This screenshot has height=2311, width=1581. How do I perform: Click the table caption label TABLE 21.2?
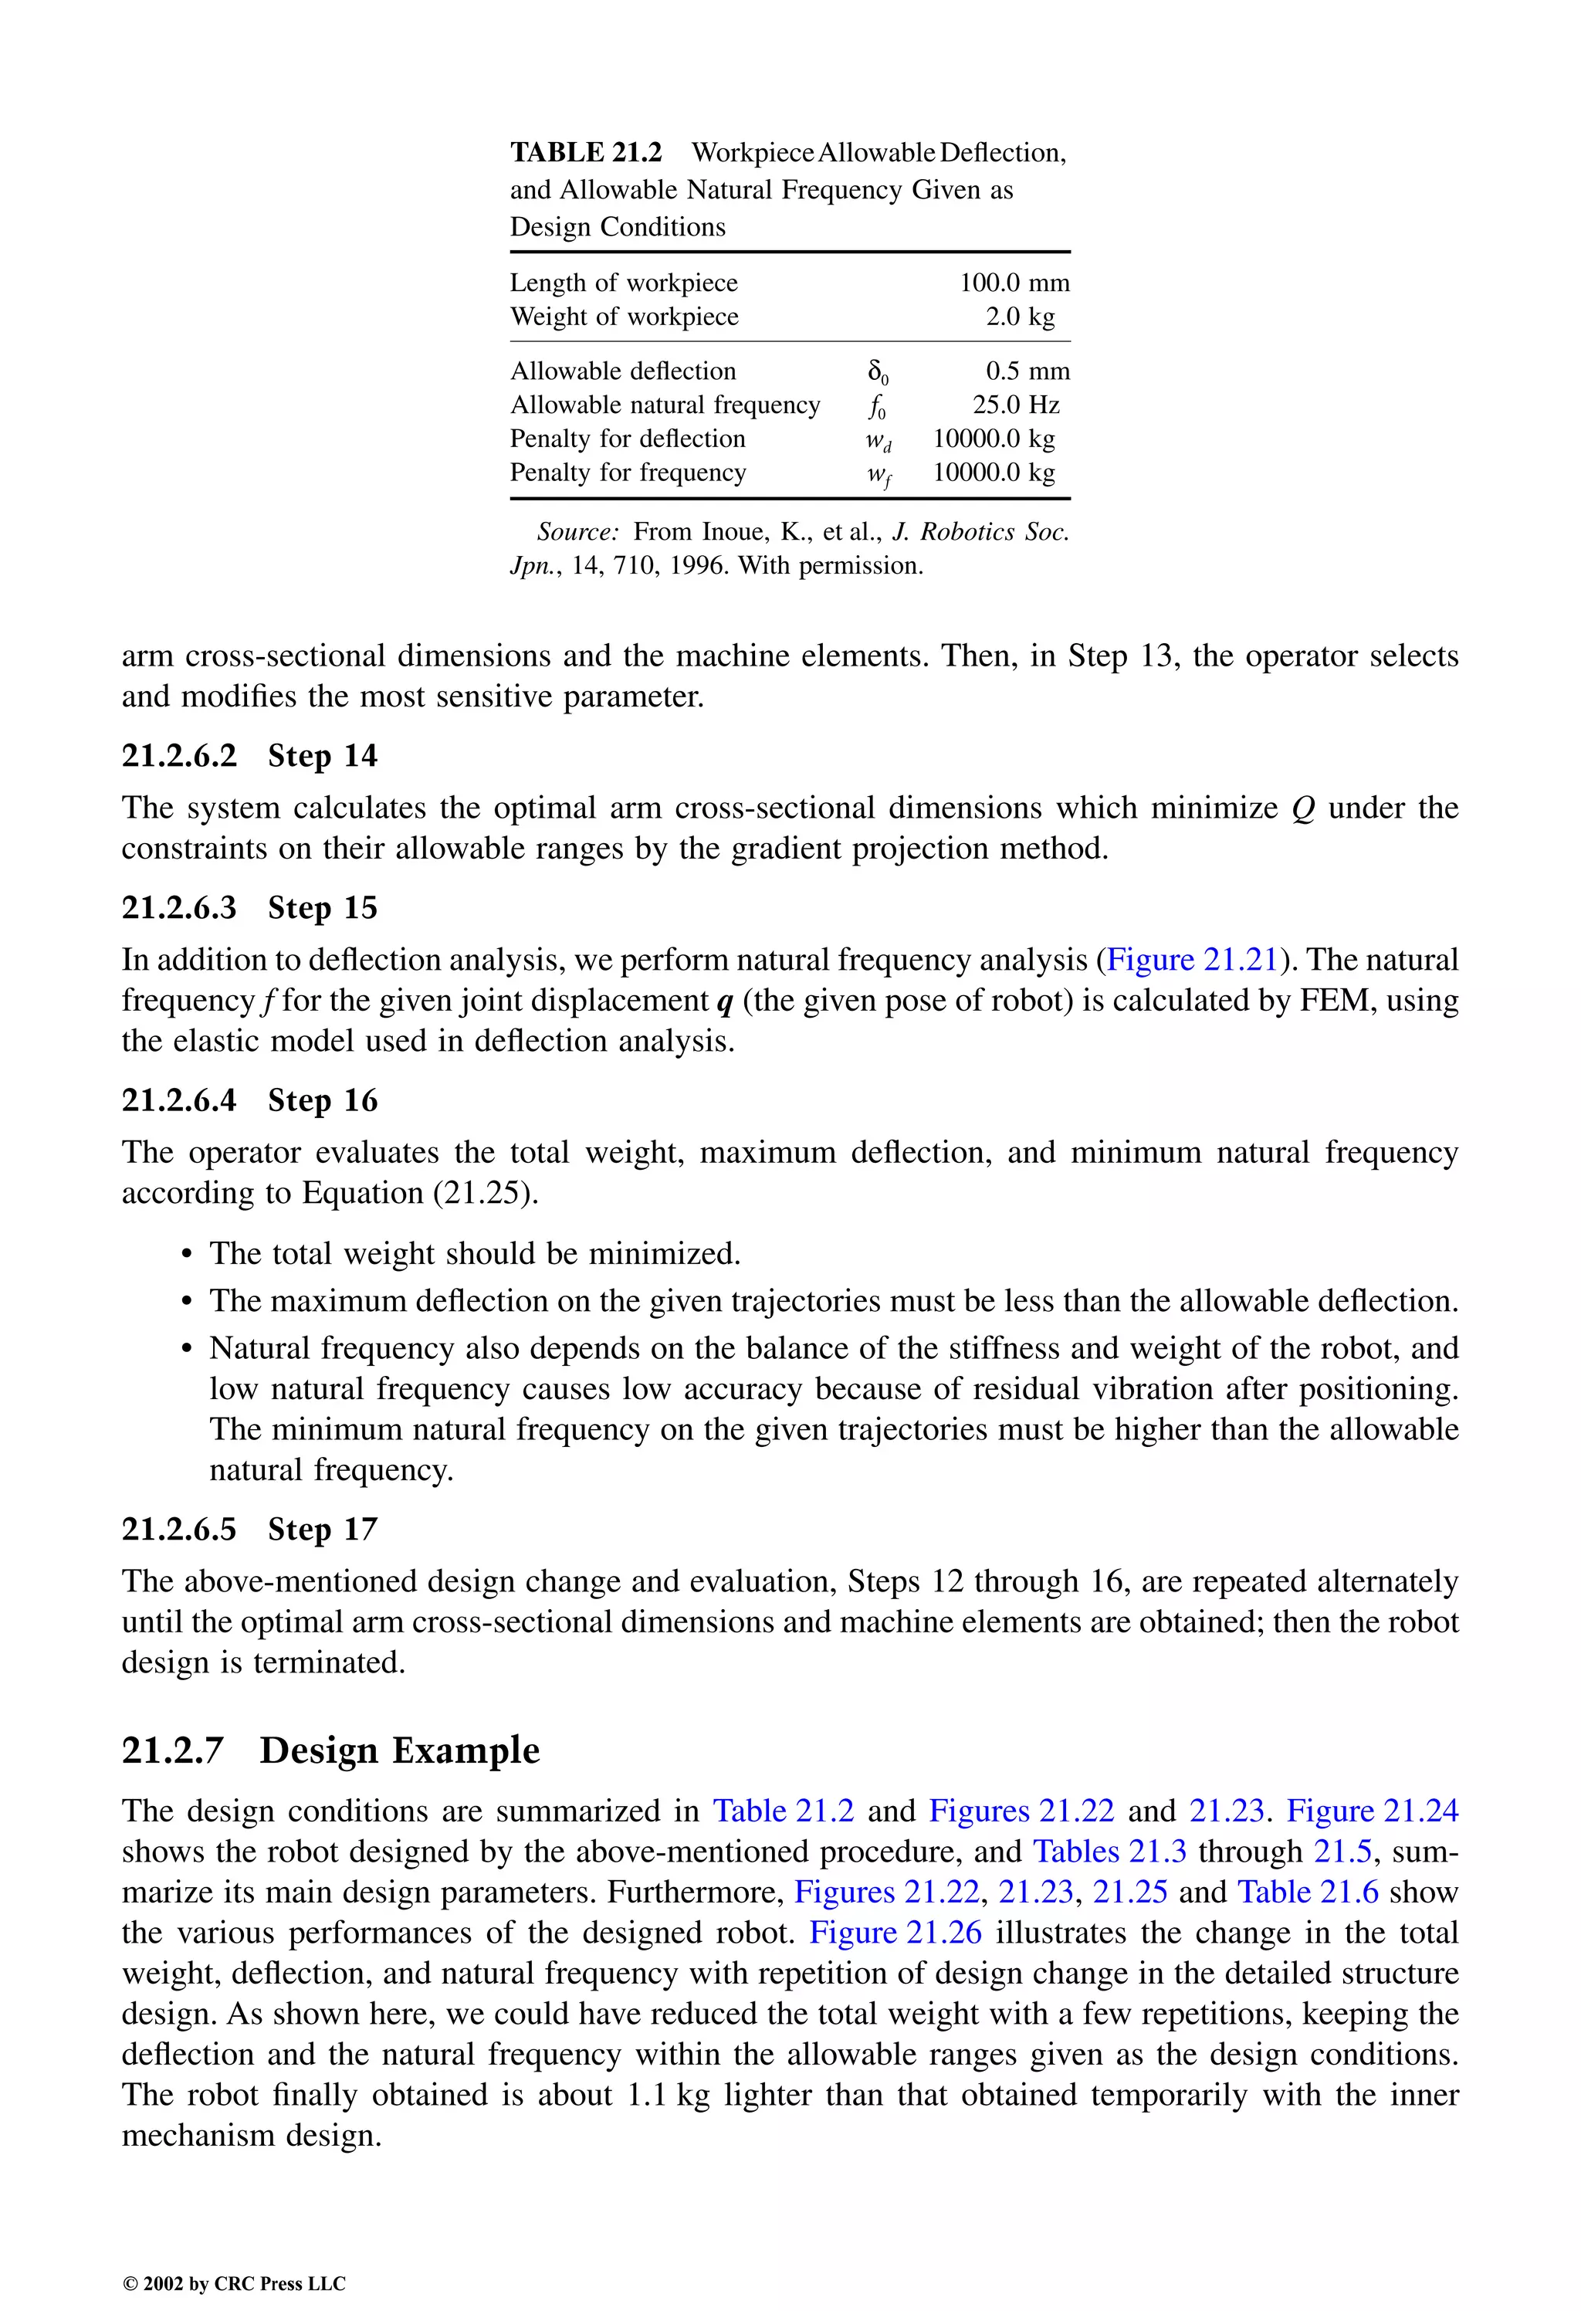[x=586, y=152]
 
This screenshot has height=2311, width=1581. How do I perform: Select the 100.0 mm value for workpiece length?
[x=1014, y=283]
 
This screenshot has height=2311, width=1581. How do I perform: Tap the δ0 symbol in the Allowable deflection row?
[x=877, y=372]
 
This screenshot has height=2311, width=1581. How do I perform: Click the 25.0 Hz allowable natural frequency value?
[x=1015, y=405]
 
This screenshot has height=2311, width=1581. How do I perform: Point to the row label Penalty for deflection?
[x=628, y=439]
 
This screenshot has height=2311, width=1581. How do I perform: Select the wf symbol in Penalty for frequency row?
[x=877, y=474]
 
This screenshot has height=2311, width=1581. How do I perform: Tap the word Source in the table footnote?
[x=577, y=532]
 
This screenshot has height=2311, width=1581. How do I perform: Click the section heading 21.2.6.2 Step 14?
[x=249, y=756]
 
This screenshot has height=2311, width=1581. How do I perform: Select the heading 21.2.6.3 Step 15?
[x=249, y=908]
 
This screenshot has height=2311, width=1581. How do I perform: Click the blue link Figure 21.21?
[x=1191, y=960]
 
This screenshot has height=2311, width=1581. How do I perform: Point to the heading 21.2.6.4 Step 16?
[x=249, y=1101]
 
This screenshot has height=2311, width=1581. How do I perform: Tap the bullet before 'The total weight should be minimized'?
[x=186, y=1255]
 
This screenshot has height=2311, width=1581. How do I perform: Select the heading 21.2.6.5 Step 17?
[x=249, y=1530]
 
